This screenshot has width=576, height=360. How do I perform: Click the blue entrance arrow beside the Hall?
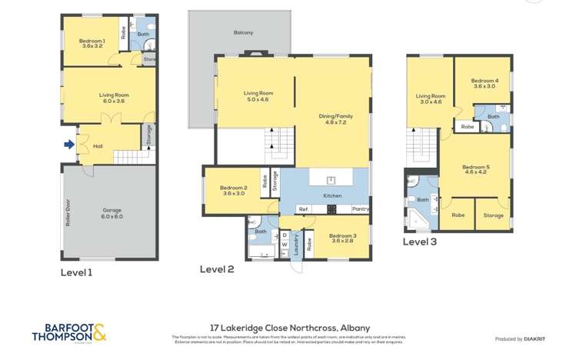click(x=69, y=144)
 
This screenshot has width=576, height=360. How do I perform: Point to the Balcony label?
click(x=243, y=32)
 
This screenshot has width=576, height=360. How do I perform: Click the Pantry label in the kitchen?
click(x=360, y=208)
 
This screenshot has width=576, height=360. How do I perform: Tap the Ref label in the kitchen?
click(x=303, y=208)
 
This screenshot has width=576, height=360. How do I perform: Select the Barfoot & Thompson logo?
click(x=68, y=332)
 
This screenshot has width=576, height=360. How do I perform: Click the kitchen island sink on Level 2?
click(x=330, y=180)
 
